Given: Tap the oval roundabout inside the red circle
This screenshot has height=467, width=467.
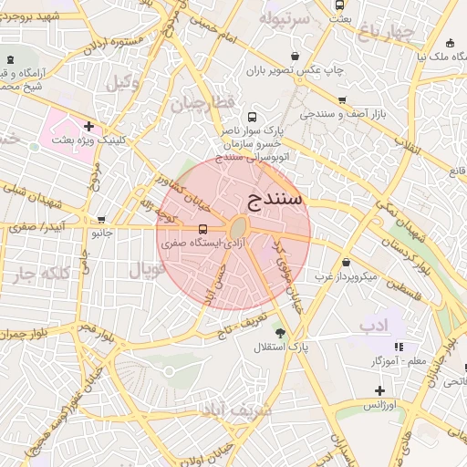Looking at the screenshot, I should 238,227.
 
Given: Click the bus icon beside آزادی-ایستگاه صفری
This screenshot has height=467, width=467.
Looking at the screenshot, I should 202,228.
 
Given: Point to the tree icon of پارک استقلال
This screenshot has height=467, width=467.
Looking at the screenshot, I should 280,333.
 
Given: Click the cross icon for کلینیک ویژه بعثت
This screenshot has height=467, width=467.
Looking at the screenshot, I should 88,126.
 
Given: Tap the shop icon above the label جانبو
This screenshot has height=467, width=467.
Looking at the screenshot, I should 101,220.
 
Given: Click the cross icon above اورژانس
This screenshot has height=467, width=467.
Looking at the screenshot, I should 379,389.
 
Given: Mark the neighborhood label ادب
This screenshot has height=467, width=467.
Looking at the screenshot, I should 374,325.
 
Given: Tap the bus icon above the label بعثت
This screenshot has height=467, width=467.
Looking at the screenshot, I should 340,5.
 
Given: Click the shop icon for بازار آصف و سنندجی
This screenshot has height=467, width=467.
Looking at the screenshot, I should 342,101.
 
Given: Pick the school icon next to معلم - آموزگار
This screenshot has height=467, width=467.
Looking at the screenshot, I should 399,347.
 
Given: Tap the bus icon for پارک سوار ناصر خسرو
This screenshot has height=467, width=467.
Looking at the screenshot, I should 252,117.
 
